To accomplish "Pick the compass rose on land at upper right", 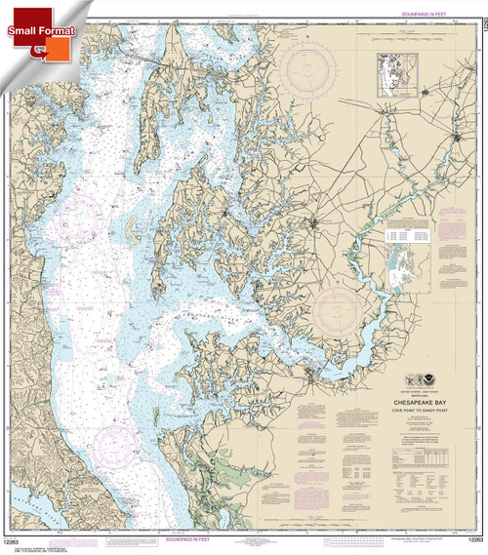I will tap(320, 74).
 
